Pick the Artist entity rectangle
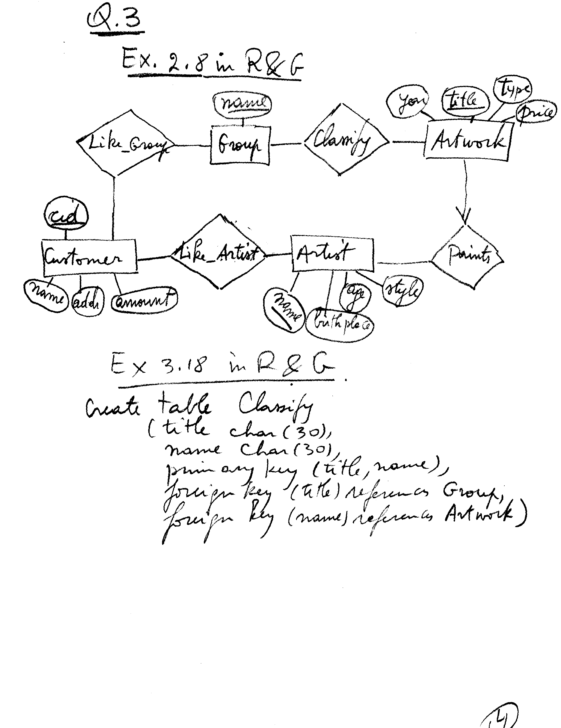332,254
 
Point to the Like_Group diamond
125,143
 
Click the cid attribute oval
66,216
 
